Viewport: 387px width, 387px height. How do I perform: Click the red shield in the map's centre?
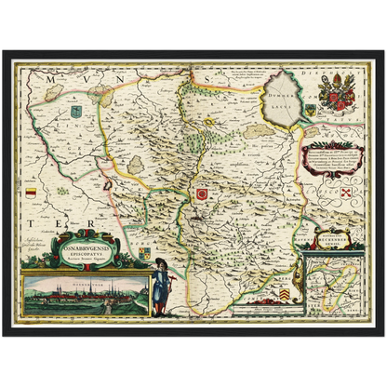202,193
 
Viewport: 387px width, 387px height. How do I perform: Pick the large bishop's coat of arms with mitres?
335,94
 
